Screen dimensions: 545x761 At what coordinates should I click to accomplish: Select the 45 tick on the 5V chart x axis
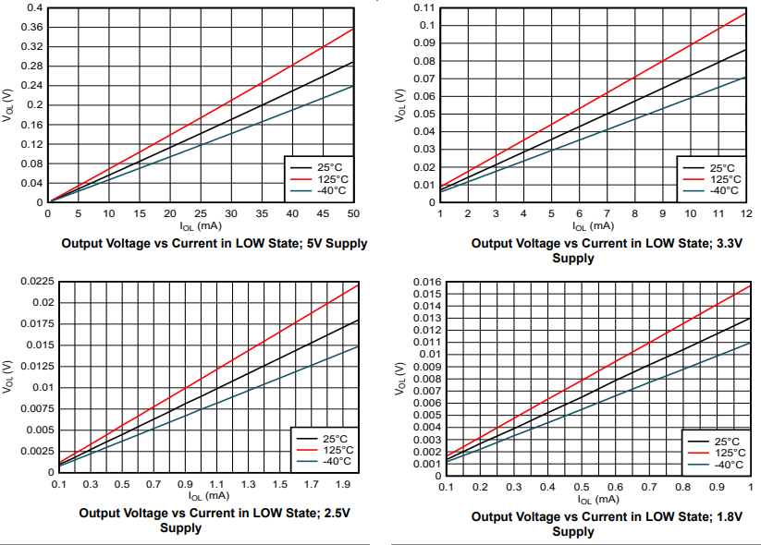323,213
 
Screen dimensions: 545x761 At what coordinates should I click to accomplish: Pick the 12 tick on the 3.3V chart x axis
745,213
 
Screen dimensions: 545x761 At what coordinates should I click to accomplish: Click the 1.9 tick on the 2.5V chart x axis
343,484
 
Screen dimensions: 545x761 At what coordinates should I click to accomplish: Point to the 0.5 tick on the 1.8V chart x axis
581,487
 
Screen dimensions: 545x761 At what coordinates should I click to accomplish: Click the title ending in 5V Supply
214,244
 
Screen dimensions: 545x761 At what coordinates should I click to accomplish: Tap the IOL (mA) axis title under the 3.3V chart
593,225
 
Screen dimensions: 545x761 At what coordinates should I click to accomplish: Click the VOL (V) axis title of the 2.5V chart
8,379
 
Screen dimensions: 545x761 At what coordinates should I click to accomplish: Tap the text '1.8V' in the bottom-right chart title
728,517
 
